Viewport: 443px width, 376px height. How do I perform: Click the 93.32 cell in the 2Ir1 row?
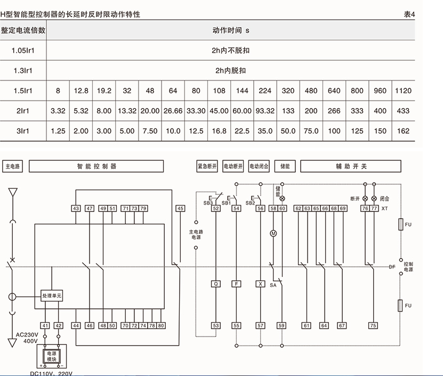tap(265, 111)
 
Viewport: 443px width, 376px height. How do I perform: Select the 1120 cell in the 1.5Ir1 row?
tap(403, 91)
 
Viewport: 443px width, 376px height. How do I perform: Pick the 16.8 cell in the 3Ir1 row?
tap(219, 131)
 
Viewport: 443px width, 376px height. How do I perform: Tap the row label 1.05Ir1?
tap(23, 51)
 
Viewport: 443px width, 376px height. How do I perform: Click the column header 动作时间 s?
tap(230, 30)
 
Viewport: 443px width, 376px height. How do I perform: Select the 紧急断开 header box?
tap(207, 167)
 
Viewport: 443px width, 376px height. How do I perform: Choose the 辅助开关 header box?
tap(351, 167)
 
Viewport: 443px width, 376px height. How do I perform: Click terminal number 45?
tap(181, 209)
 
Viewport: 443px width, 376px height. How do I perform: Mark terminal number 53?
tap(216, 325)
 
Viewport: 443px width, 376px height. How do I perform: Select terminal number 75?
tap(373, 325)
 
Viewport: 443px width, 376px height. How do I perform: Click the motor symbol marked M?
tap(273, 233)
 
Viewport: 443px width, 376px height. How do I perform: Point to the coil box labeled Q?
tap(216, 284)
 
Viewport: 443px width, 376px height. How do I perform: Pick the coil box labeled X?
tap(260, 284)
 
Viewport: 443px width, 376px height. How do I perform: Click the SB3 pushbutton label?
tap(208, 203)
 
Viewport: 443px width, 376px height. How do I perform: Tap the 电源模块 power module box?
tap(52, 357)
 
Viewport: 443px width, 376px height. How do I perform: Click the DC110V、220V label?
tap(51, 373)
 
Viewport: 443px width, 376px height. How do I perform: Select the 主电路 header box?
tap(13, 167)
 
